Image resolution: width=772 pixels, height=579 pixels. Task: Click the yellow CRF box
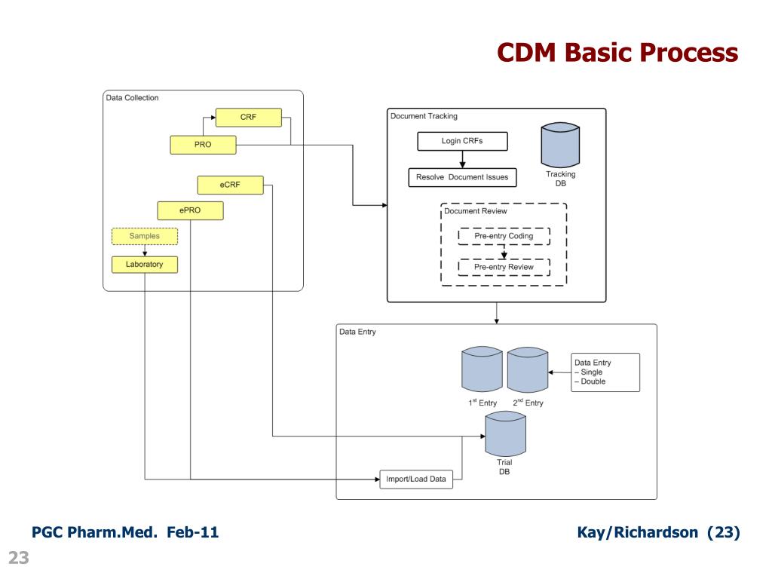click(248, 118)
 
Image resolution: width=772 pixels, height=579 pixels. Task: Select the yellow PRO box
click(203, 145)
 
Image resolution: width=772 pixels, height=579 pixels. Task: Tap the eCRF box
click(230, 185)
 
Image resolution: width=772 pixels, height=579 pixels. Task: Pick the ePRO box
click(190, 210)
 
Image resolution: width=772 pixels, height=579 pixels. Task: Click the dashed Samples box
click(145, 236)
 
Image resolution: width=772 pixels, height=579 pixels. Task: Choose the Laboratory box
click(145, 265)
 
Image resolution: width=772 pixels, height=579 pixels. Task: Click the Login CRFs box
click(462, 141)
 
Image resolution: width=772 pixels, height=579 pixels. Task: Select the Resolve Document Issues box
click(462, 178)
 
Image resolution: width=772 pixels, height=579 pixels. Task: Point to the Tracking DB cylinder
click(560, 146)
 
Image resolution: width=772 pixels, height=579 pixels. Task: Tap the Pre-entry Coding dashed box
click(504, 236)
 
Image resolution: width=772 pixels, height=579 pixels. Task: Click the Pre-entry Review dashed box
click(504, 267)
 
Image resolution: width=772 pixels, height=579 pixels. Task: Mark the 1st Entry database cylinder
click(482, 369)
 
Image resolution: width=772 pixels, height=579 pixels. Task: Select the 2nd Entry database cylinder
click(527, 369)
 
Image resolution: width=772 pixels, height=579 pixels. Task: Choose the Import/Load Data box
click(416, 479)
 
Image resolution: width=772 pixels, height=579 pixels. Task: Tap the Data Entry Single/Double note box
click(605, 372)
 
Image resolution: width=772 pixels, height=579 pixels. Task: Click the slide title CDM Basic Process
click(617, 53)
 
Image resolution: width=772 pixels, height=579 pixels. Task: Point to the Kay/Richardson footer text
click(658, 533)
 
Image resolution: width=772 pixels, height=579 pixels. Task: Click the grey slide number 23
click(18, 559)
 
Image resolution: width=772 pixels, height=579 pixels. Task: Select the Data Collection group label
click(133, 98)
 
